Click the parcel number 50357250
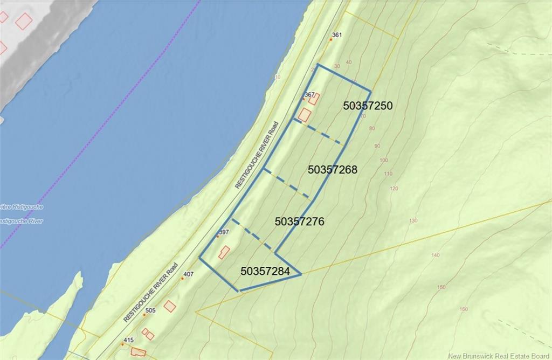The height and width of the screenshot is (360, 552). click(368, 106)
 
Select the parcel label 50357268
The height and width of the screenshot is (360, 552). click(333, 170)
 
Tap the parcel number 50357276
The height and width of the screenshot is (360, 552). click(299, 221)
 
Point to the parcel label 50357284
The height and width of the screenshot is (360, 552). click(265, 271)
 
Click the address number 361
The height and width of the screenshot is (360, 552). click(337, 35)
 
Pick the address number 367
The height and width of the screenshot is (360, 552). click(309, 94)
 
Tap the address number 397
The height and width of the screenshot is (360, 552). click(223, 232)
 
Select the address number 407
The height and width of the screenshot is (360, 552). click(188, 274)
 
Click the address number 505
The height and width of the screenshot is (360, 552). click(150, 310)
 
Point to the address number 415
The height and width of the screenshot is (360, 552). click(128, 340)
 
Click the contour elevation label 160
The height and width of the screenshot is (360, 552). click(464, 309)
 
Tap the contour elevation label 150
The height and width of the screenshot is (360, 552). click(441, 287)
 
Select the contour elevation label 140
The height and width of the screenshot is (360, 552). click(436, 255)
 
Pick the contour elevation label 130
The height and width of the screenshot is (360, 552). click(413, 221)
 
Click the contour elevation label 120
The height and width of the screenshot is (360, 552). click(394, 189)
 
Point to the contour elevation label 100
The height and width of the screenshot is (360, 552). click(384, 161)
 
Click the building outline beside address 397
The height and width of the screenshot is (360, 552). click(224, 252)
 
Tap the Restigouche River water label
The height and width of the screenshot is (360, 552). click(22, 221)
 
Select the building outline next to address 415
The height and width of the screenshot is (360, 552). click(139, 352)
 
